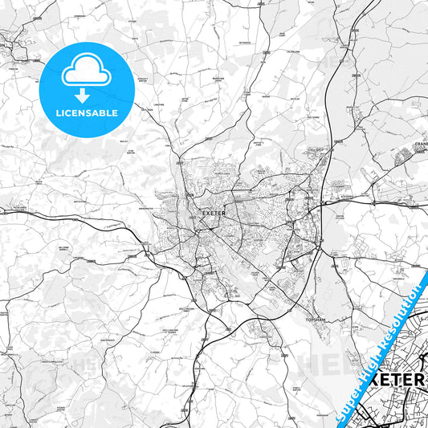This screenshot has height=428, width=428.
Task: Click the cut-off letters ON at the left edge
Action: [x=2, y=46]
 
